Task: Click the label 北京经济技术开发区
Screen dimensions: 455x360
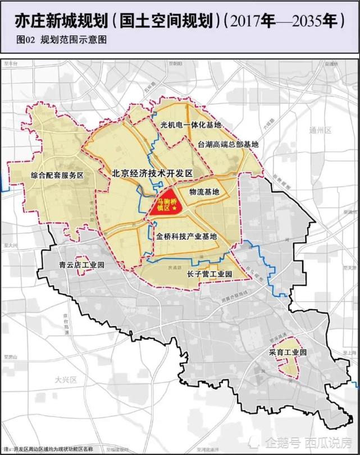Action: tap(152, 174)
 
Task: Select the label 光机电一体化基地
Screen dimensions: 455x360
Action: tap(191, 125)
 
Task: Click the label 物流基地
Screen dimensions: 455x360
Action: tap(204, 192)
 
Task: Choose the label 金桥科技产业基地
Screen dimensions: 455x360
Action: tap(186, 237)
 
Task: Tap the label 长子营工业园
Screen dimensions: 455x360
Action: tap(209, 274)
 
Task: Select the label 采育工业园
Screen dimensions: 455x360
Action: tap(286, 352)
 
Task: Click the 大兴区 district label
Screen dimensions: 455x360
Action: tap(65, 380)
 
